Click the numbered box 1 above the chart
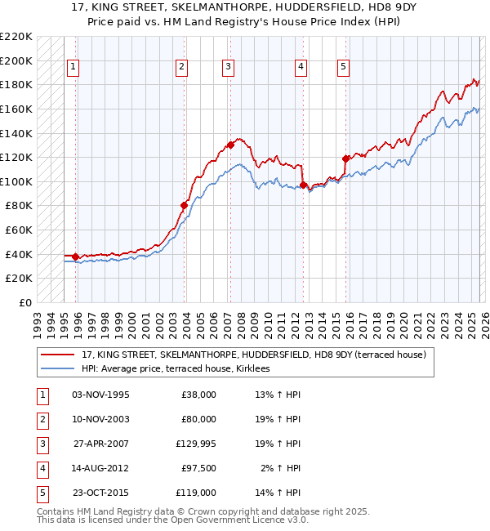(x=73, y=67)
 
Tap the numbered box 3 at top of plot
(x=228, y=67)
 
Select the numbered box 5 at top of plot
(x=343, y=67)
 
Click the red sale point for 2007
(x=231, y=145)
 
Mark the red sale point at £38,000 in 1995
(x=76, y=257)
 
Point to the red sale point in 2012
(x=303, y=185)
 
